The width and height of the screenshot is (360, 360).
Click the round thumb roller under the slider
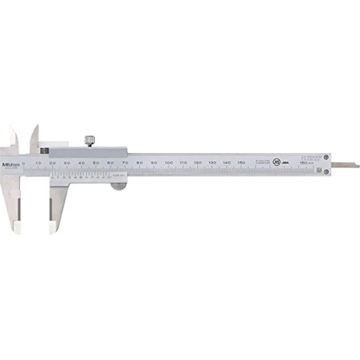pos(118,185)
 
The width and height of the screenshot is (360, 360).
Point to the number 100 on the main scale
pos(168,162)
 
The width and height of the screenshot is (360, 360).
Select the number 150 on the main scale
pos(241,162)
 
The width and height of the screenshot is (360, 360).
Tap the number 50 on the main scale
pos(96,162)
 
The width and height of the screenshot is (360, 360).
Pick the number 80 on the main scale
pos(140,162)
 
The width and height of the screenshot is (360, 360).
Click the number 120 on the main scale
pos(197,162)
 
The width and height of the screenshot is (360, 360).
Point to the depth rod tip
pos(357,165)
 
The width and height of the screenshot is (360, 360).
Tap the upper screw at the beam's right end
pos(327,157)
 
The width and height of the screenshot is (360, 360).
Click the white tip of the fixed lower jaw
pos(17,226)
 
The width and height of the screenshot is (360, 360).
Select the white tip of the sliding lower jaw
pos(53,226)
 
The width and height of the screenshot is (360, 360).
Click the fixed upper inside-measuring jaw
pos(13,137)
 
